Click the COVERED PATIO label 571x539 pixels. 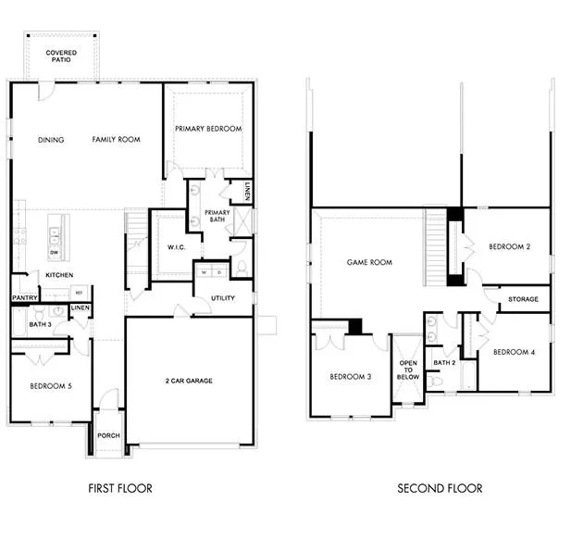61,57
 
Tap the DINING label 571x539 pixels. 51,140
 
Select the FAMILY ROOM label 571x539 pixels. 116,140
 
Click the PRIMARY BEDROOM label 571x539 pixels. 208,129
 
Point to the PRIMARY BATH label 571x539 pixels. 217,217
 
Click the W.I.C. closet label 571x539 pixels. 178,247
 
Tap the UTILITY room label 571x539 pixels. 223,299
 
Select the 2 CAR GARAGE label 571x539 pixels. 190,381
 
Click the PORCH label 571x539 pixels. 108,436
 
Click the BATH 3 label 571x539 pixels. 39,325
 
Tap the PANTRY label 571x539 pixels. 24,297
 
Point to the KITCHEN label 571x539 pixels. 59,275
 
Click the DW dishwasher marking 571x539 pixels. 55,252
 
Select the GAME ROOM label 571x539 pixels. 369,262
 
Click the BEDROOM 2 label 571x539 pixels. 508,246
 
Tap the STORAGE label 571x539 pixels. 524,299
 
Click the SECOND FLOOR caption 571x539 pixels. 440,488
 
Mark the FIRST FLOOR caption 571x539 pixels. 120,488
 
